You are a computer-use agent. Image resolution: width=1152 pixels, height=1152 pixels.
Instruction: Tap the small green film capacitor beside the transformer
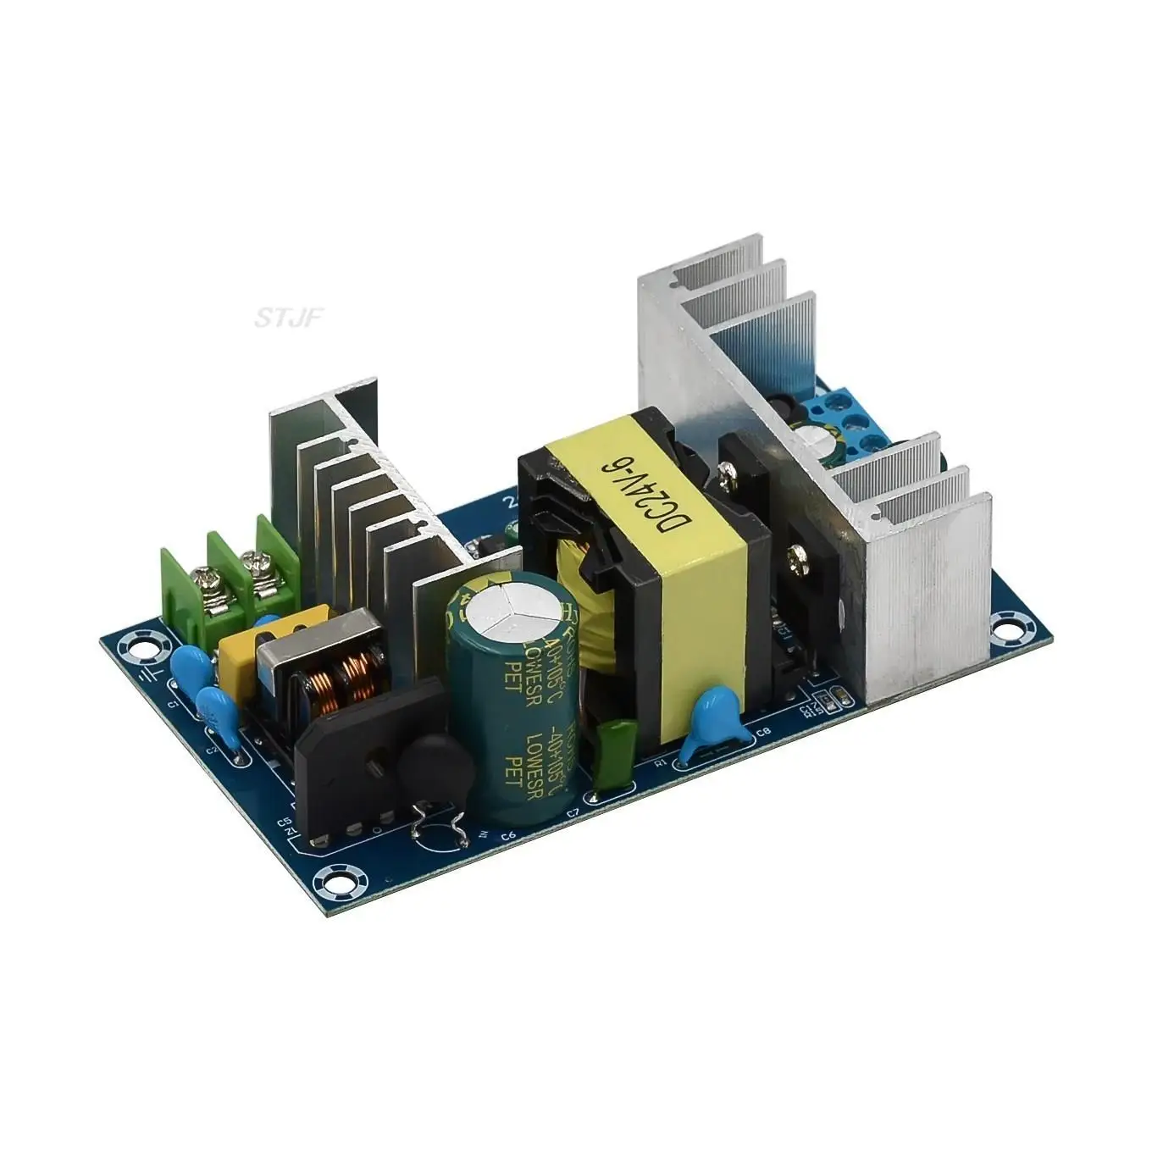[x=614, y=748]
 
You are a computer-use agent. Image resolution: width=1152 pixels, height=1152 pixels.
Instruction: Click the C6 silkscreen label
[x=508, y=838]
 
